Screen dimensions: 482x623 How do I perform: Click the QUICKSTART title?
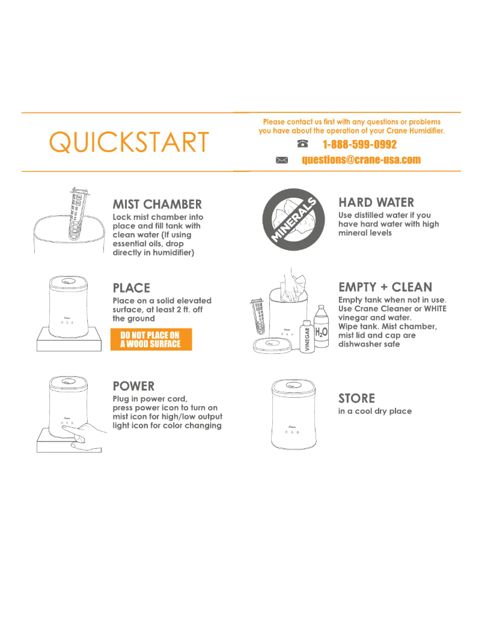[x=129, y=142]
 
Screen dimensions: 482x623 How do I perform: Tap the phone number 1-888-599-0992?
[x=359, y=145]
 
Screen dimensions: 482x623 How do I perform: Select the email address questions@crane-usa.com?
[x=361, y=160]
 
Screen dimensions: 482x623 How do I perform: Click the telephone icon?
[x=303, y=144]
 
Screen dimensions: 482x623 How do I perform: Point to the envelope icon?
[x=282, y=160]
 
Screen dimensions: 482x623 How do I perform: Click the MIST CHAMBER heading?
[x=157, y=204]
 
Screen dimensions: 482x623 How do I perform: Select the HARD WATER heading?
[x=376, y=202]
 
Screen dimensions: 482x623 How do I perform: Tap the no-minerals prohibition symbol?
[x=294, y=220]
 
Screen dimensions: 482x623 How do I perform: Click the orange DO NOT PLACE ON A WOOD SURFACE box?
[x=151, y=339]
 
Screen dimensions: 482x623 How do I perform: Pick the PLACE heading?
[x=132, y=288]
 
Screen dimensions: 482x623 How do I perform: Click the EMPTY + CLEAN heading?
[x=385, y=287]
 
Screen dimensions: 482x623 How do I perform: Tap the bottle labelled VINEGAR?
[x=307, y=336]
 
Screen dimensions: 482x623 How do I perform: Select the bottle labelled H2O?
[x=322, y=327]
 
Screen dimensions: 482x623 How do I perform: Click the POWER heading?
[x=133, y=386]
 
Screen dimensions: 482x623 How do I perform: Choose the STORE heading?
[x=356, y=398]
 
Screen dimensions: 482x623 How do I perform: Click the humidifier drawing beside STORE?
[x=294, y=415]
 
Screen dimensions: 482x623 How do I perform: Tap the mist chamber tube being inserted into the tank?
[x=78, y=214]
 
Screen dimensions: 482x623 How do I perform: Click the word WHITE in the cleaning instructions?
[x=435, y=309]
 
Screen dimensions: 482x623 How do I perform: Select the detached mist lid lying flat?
[x=272, y=345]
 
